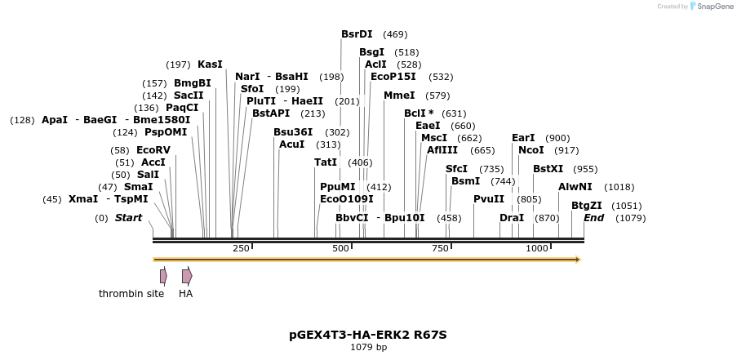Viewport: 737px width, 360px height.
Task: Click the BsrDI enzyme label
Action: (x=357, y=34)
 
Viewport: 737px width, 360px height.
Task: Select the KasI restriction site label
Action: (x=210, y=64)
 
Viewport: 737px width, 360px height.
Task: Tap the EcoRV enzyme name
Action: (x=153, y=150)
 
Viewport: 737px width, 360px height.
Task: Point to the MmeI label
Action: (x=399, y=96)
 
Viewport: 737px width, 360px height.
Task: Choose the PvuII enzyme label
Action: (x=489, y=199)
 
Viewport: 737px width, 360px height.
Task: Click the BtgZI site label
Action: (x=586, y=206)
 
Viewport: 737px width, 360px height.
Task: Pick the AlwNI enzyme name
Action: (x=575, y=187)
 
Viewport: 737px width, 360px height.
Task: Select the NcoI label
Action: (x=531, y=150)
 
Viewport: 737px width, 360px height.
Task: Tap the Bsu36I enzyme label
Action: (x=293, y=132)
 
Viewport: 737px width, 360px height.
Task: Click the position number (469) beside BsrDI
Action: (x=395, y=34)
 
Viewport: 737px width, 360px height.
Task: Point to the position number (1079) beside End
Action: (x=630, y=218)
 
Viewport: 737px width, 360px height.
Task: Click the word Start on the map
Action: (x=128, y=218)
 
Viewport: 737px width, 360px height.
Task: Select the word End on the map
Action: (x=593, y=218)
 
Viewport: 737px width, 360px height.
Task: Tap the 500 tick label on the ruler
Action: (x=341, y=248)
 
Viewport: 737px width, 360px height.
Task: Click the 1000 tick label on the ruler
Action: (x=537, y=248)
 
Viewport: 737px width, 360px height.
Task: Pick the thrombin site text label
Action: (x=131, y=294)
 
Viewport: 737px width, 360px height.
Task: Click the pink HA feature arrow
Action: (x=187, y=276)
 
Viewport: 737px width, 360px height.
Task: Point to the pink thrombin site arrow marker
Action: (x=163, y=276)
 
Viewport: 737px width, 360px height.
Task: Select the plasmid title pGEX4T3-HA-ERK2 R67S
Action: (x=368, y=335)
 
